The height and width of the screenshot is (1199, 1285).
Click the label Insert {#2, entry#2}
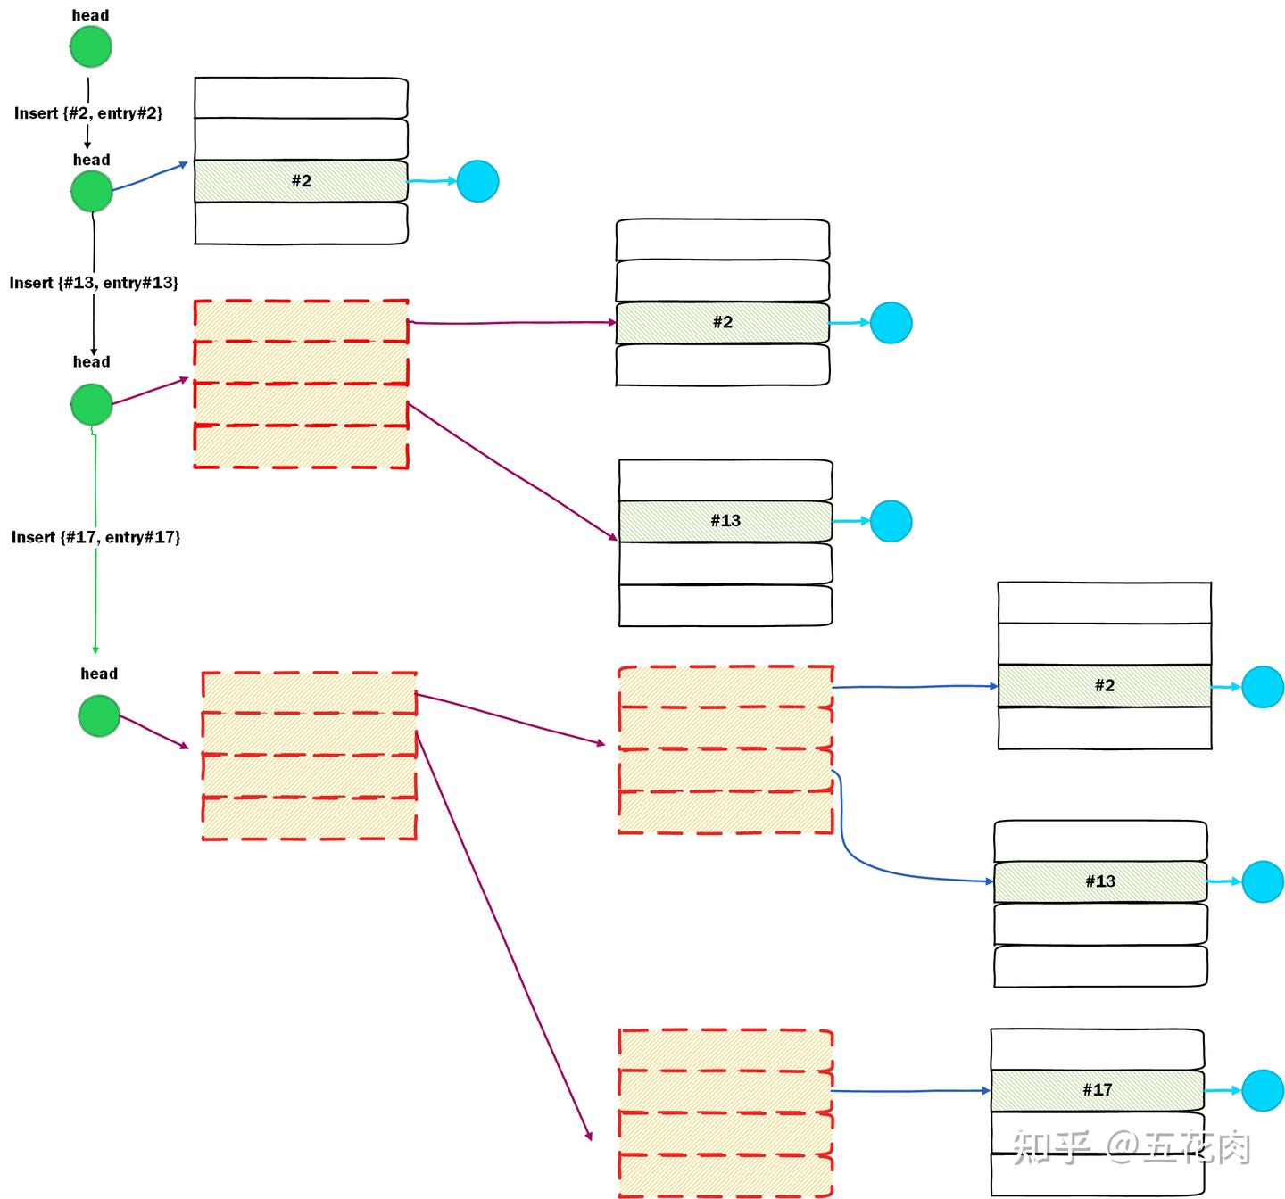88,113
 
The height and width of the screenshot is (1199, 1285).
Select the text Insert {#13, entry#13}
94,283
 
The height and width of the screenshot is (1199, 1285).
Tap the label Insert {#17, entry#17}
95,537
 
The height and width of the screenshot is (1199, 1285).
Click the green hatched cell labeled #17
1097,1089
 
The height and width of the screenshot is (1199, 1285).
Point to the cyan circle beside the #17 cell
1262,1089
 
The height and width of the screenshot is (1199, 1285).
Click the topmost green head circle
91,46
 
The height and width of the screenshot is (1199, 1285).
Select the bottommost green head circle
99,715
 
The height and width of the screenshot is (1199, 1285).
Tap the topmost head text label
91,15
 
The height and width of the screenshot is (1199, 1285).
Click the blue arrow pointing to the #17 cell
910,1091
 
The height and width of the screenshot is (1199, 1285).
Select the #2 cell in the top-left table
301,181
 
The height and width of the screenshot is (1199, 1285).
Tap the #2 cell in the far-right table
1105,685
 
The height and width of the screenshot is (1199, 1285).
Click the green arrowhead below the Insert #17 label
95,649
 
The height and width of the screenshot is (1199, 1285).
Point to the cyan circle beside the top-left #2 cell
477,181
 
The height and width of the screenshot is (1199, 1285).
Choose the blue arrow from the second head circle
150,176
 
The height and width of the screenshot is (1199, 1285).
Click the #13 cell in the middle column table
725,521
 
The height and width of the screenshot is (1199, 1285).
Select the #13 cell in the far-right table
1100,881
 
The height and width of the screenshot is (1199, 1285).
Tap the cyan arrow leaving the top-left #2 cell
432,181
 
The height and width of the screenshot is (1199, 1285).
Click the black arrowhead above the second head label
87,145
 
